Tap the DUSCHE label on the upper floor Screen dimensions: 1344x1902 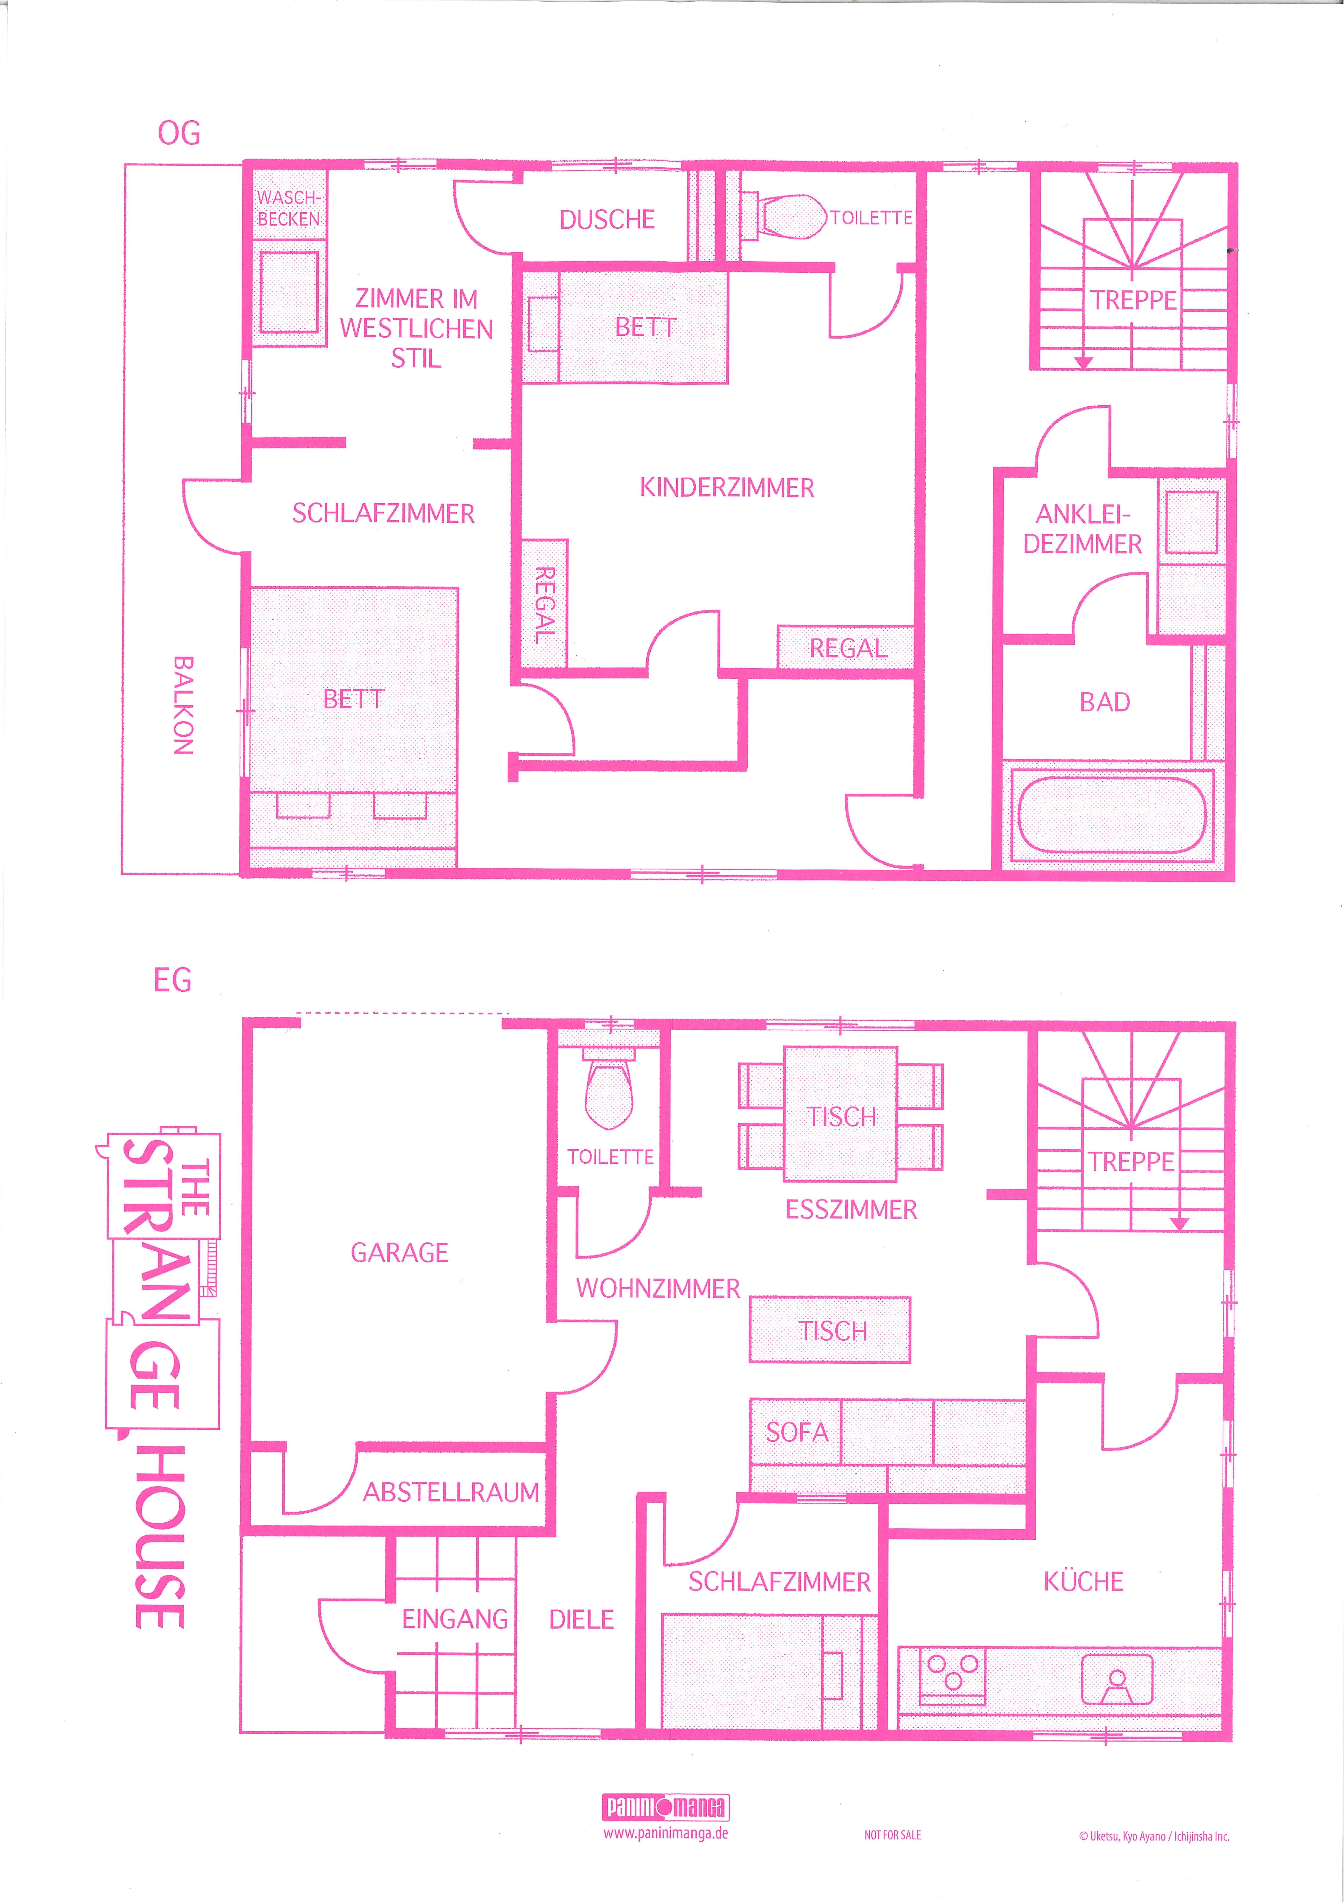coord(607,220)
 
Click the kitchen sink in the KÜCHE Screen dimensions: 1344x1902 coord(1117,1679)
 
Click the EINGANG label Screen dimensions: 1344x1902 coord(455,1619)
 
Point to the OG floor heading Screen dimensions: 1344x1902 coord(179,133)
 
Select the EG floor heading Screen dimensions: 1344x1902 coord(172,981)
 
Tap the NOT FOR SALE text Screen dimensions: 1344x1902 coord(893,1835)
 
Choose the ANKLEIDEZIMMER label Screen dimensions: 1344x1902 coord(1082,529)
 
